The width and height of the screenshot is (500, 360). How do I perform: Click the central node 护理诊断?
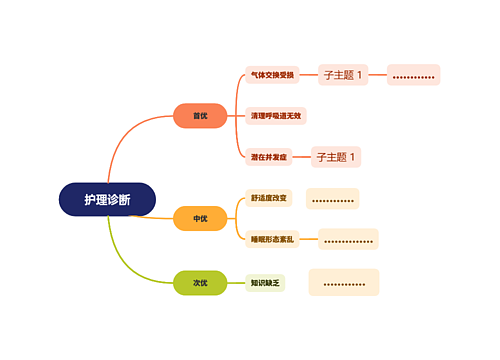[107, 199]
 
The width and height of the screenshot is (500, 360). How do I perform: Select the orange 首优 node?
[201, 116]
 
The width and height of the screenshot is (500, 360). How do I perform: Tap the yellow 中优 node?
[201, 218]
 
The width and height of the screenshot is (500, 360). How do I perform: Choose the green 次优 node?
[201, 283]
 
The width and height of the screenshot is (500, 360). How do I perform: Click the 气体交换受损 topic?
[273, 75]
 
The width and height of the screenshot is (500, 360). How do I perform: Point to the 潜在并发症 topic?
[269, 157]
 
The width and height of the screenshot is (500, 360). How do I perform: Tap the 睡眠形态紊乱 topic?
[273, 239]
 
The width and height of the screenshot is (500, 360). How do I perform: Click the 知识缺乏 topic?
[266, 283]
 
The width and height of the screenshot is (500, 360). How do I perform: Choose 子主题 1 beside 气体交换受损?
[343, 74]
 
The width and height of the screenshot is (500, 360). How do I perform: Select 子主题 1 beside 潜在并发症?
[337, 157]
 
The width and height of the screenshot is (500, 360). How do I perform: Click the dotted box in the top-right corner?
[413, 75]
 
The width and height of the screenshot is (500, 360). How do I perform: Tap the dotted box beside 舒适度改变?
[332, 199]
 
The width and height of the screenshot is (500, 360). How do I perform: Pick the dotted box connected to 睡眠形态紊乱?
[348, 239]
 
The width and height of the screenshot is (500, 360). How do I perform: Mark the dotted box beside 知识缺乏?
[343, 282]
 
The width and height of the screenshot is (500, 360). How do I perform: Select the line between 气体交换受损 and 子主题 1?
[308, 75]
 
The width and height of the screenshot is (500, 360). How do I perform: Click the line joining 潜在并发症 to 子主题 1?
[301, 157]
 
